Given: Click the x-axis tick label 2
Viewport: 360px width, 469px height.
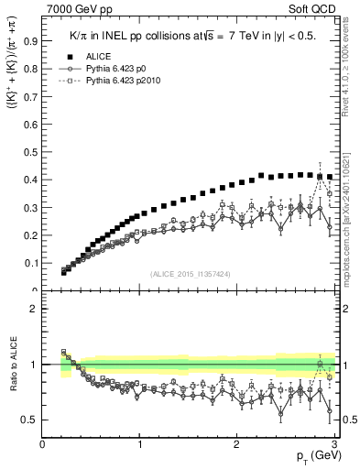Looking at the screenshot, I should [237, 444].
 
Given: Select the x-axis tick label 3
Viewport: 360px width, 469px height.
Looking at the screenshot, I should [334, 444].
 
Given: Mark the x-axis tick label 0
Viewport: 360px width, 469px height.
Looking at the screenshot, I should [43, 444].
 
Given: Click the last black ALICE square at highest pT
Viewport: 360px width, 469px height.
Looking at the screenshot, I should [330, 177].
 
